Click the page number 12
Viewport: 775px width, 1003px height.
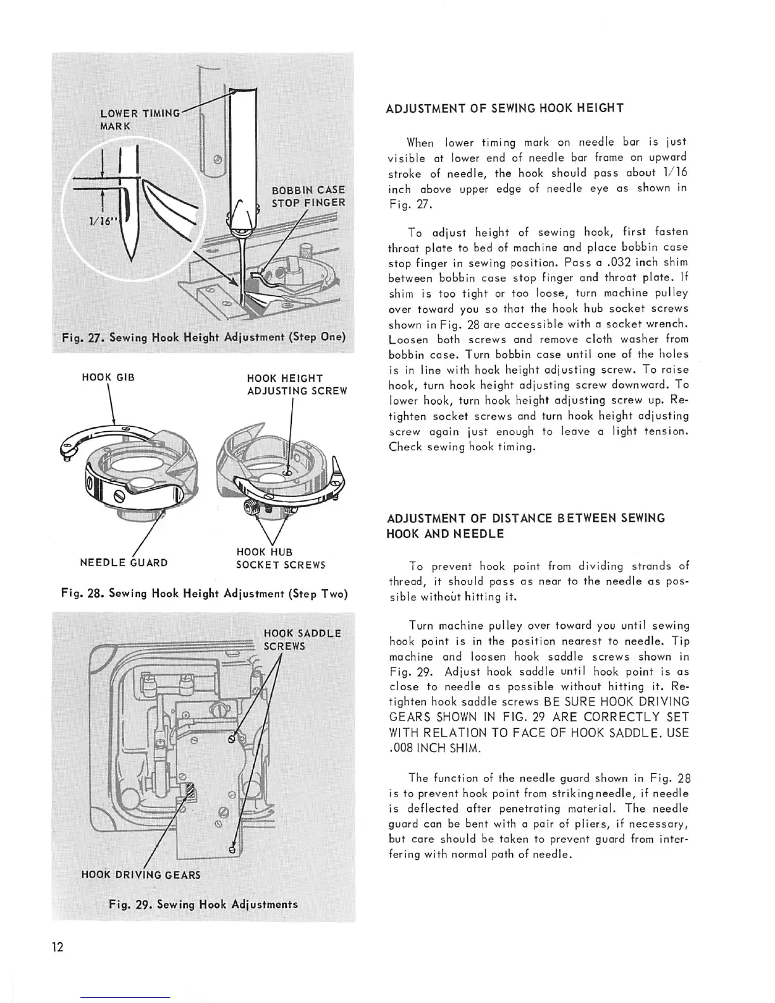(58, 947)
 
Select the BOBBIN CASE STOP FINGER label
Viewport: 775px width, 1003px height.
(308, 196)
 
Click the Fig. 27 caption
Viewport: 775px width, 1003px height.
(203, 337)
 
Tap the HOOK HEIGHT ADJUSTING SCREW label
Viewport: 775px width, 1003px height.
(297, 384)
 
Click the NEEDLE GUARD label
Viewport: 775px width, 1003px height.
(123, 562)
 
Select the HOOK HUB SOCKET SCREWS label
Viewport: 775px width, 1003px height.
(280, 558)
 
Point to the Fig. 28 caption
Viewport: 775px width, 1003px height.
(204, 594)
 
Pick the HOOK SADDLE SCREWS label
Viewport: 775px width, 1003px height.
(302, 640)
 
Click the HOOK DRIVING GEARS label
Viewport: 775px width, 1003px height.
(141, 875)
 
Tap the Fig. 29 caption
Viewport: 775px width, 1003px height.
(203, 904)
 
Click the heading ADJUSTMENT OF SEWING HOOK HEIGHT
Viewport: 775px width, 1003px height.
(505, 108)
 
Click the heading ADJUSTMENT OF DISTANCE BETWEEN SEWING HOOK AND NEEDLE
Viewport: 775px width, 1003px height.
(526, 526)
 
